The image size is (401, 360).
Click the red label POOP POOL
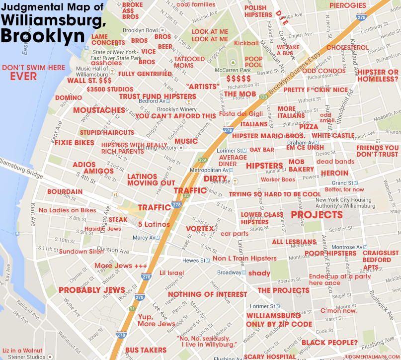tap(253, 62)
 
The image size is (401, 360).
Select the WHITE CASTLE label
tap(333, 135)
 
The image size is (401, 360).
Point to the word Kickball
tap(246, 43)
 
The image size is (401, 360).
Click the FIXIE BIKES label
tap(74, 143)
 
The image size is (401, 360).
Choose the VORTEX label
tap(199, 229)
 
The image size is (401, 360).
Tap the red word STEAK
tap(118, 219)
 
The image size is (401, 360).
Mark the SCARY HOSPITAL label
tap(270, 357)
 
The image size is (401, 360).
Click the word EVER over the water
tap(23, 77)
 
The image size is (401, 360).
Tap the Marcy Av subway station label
tap(145, 238)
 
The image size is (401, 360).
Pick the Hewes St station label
tap(195, 260)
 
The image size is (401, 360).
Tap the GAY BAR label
tap(261, 150)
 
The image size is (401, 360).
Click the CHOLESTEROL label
tap(347, 48)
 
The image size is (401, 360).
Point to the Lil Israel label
tap(171, 273)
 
